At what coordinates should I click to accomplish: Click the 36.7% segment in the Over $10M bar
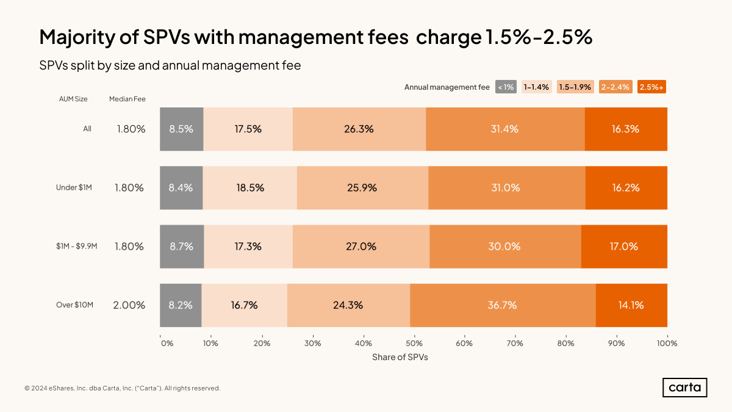(503, 305)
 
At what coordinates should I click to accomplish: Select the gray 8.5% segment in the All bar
(181, 129)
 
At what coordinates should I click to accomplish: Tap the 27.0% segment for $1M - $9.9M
(361, 247)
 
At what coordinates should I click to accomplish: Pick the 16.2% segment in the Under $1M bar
(626, 188)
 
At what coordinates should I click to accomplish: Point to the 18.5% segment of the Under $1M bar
(250, 188)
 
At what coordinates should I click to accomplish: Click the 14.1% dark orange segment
(631, 305)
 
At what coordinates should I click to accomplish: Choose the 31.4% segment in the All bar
(505, 129)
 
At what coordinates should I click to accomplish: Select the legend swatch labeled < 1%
(506, 87)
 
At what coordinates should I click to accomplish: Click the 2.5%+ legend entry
(651, 87)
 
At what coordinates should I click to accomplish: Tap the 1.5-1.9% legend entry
(575, 87)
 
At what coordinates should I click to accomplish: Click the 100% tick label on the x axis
(667, 343)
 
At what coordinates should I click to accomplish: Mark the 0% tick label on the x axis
(167, 343)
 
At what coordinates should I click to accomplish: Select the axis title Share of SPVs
(400, 357)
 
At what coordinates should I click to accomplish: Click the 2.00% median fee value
(129, 305)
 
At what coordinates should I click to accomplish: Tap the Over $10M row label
(74, 305)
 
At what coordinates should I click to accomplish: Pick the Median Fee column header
(127, 99)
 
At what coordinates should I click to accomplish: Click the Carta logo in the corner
(684, 388)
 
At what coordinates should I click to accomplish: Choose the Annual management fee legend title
(447, 87)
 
